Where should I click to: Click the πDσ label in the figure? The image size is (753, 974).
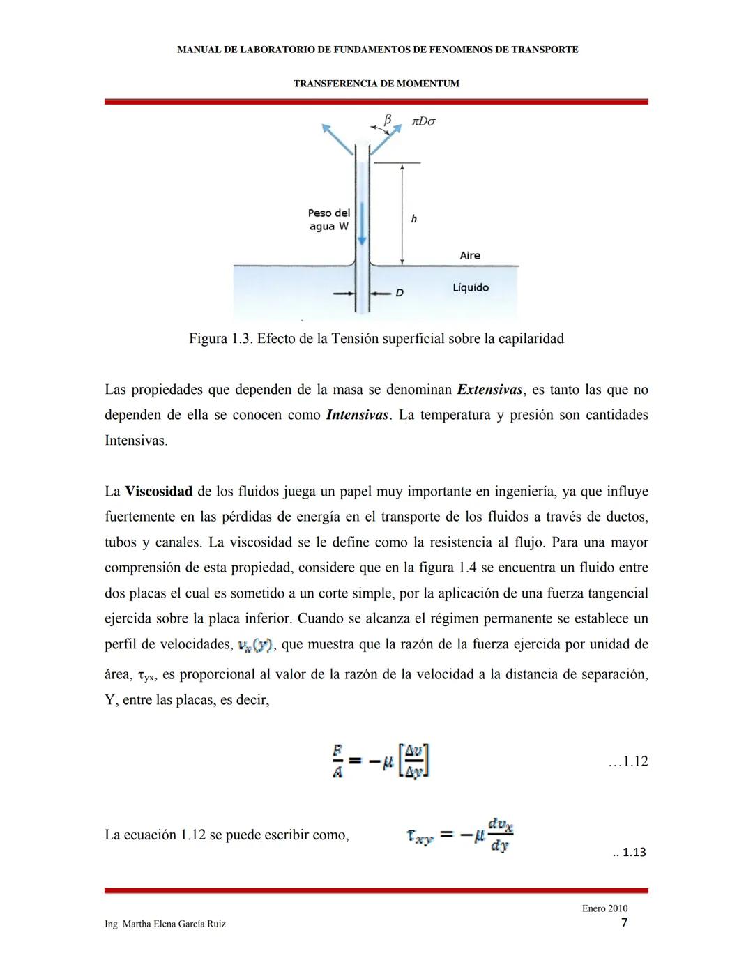424,121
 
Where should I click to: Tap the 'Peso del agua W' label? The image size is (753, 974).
329,220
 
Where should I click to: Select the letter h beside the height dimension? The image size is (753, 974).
413,219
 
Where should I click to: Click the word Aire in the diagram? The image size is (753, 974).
470,256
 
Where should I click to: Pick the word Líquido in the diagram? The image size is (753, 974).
471,287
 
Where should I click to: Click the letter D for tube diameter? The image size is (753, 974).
400,293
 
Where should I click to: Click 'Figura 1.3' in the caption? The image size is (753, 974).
220,339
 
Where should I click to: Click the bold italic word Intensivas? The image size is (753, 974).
357,415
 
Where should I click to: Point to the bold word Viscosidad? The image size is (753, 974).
158,492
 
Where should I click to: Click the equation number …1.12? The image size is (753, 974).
627,761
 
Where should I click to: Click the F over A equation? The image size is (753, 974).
380,761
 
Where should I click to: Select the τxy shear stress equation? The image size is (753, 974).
460,835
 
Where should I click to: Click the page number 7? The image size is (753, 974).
624,923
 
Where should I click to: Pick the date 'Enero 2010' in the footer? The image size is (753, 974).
604,908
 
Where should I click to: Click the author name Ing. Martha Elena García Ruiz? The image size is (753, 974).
165,924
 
